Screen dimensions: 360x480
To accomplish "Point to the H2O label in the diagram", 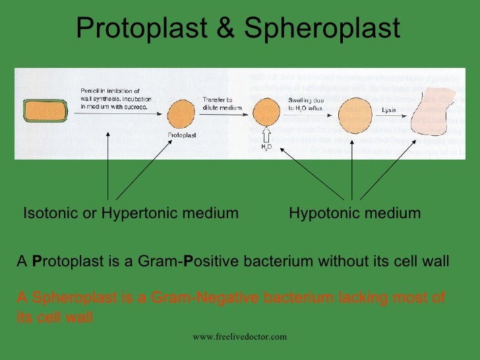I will pos(266,147).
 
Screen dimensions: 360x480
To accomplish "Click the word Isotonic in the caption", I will pos(50,213).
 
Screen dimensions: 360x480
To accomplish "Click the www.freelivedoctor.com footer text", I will pos(239,337).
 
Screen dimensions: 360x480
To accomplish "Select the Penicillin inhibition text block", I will pos(111,97).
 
